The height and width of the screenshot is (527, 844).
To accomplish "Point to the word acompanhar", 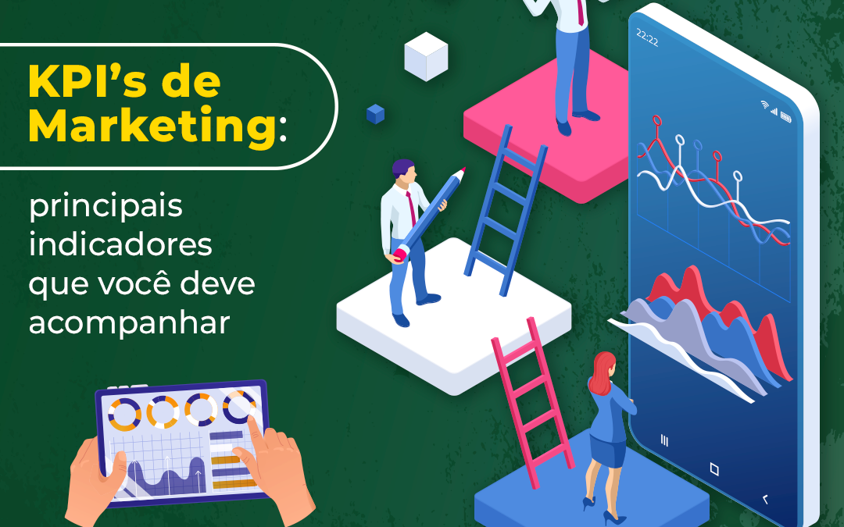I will [x=130, y=322].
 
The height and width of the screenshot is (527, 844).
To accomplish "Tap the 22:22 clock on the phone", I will [x=647, y=39].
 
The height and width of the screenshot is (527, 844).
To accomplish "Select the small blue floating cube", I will [x=375, y=114].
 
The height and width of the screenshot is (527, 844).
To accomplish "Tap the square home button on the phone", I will [x=713, y=469].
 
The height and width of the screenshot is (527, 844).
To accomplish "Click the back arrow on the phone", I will [x=764, y=498].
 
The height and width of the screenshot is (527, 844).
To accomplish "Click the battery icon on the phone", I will [x=785, y=118].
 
